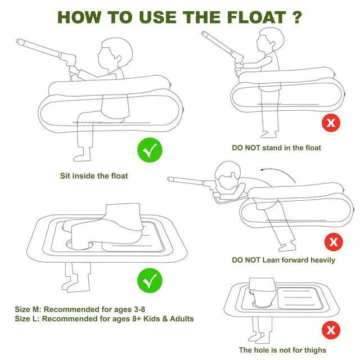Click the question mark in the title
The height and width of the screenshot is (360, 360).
pos(297,17)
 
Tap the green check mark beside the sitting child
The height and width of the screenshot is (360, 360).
pos(150,150)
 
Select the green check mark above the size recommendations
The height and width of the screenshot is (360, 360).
pos(150,281)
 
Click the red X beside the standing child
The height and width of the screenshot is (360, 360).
pos(331,123)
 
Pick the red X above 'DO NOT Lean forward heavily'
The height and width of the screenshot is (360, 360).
pos(334,242)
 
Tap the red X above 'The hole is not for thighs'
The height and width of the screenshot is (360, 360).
pos(331,330)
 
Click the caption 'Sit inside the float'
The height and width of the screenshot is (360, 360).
pos(94,176)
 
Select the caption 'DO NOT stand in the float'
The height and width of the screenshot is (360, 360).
pos(276,147)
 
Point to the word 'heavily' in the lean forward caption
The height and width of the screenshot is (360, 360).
pos(322,260)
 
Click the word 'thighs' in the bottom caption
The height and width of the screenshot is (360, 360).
pos(315,350)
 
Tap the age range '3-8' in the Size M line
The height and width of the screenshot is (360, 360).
pos(139,309)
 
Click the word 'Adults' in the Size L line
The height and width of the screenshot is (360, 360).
pos(182,319)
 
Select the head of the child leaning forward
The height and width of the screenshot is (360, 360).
pos(227,174)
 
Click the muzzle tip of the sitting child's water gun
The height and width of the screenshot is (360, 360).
pos(18,41)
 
